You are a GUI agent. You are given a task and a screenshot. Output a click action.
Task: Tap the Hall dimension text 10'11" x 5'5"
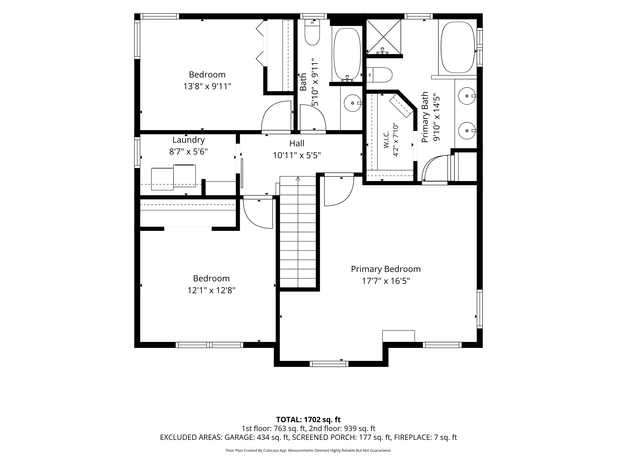(x=297, y=155)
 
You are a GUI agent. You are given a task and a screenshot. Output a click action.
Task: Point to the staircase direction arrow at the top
(x=298, y=179)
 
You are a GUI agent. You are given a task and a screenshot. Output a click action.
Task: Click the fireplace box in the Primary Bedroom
(x=398, y=336)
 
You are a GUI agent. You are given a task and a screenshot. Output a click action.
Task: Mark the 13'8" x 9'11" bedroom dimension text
(x=207, y=86)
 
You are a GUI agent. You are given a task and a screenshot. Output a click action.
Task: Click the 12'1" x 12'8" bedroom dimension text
(x=211, y=290)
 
